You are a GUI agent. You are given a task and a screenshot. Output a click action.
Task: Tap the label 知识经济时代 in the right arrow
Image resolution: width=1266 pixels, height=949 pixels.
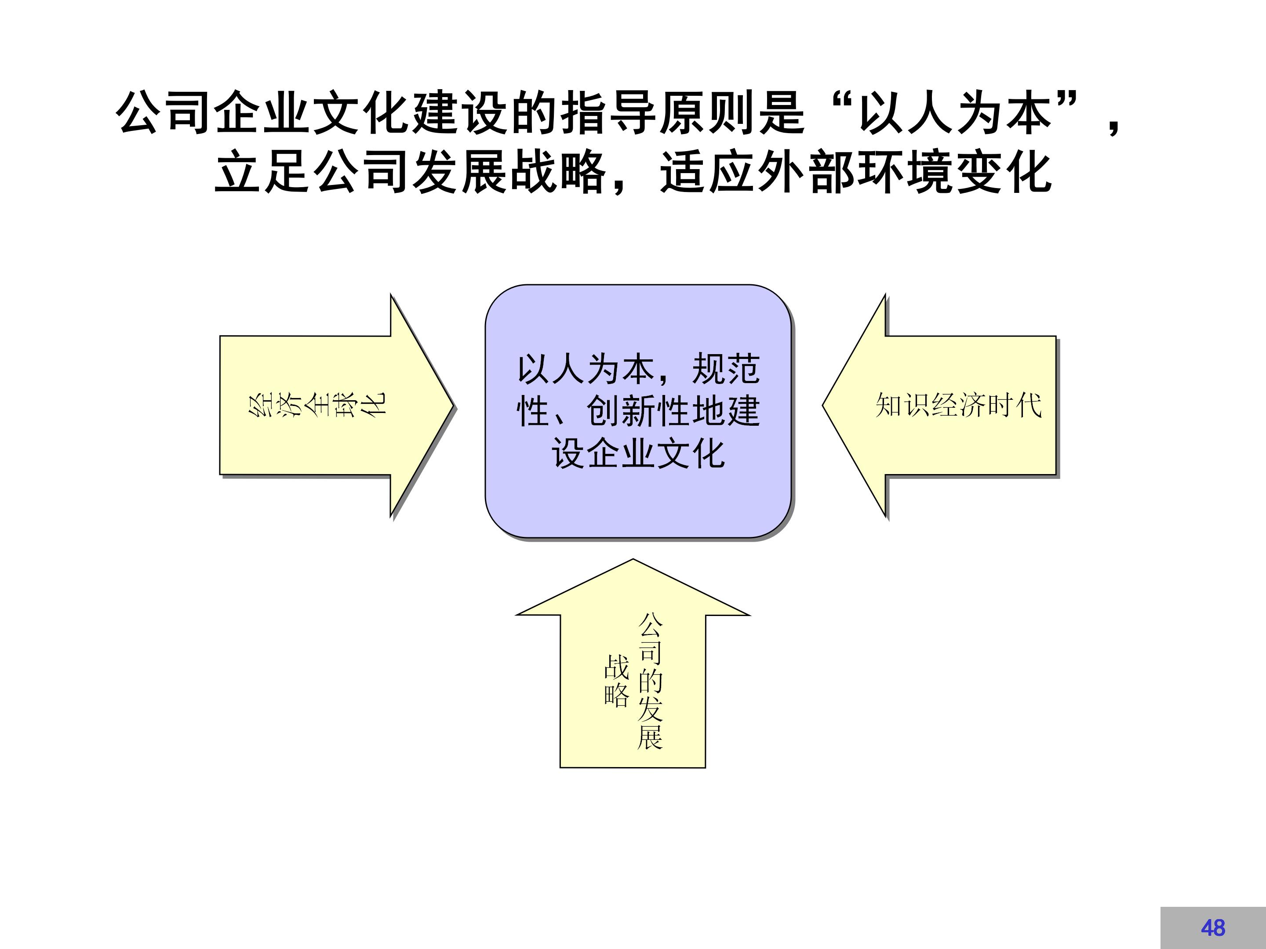point(958,405)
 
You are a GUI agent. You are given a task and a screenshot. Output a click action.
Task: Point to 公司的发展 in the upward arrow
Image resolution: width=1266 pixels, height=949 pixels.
point(650,681)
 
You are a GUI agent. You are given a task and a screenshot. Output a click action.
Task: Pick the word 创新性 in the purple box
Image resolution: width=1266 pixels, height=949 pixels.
point(639,411)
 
